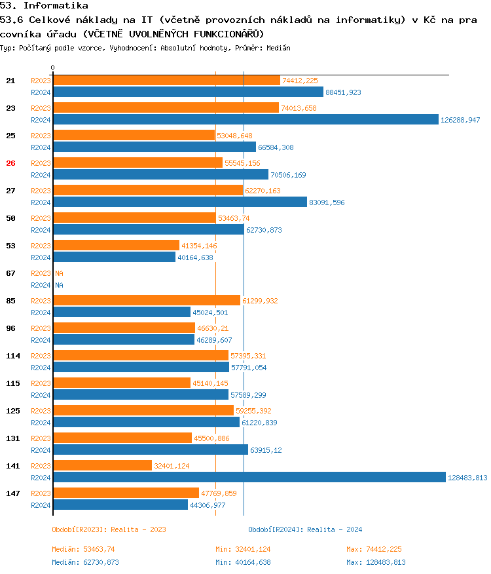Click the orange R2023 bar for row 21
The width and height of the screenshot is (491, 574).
pos(166,80)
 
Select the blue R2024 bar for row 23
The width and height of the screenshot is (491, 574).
pos(245,119)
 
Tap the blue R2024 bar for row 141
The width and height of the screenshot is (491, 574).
pos(249,477)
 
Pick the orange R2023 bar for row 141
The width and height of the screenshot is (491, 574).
pos(102,465)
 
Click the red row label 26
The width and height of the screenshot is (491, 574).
pos(10,163)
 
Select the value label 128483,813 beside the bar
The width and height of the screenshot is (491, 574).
pos(467,478)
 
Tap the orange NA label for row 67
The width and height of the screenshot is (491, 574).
pos(59,273)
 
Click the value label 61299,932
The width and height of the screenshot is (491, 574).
pos(260,301)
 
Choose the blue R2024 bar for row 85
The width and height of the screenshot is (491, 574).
pos(122,312)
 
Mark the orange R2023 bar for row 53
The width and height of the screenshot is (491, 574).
pos(116,245)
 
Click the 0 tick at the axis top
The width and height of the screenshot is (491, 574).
pos(53,67)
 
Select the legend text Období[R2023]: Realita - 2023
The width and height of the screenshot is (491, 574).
pos(109,529)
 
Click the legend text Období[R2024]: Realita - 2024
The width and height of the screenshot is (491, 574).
pos(305,529)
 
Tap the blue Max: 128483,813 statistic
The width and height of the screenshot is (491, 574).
pos(376,562)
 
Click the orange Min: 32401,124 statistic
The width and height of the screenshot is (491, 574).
pos(243,549)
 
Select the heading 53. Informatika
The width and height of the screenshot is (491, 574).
pos(44,6)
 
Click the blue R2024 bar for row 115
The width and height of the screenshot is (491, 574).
pos(141,394)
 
